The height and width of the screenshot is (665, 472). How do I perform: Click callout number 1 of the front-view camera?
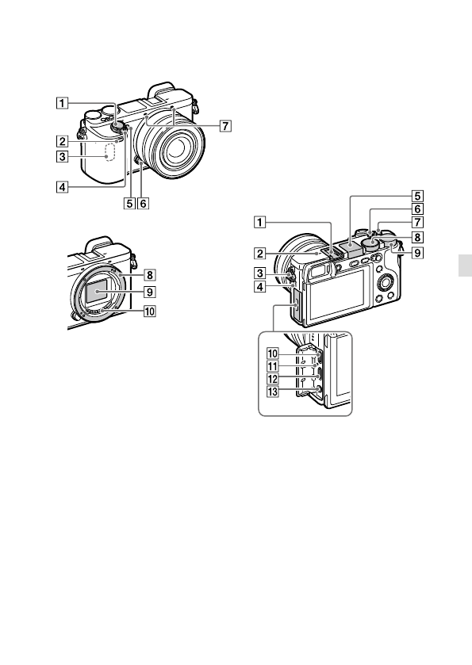[x=62, y=102]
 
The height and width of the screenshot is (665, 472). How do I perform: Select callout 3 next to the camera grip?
[x=62, y=156]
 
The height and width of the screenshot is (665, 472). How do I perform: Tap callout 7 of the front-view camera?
[x=225, y=126]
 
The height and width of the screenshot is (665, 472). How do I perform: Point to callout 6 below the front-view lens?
[x=144, y=204]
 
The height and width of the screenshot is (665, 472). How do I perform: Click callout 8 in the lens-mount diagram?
[x=150, y=275]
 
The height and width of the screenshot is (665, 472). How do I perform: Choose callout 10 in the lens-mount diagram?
[x=150, y=311]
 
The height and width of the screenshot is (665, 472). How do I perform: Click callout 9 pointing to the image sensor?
[x=150, y=292]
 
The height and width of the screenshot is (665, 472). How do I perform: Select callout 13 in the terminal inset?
[x=273, y=392]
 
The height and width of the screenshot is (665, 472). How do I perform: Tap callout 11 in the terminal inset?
[x=273, y=366]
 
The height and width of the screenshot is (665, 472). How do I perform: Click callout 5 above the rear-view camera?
[x=418, y=196]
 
